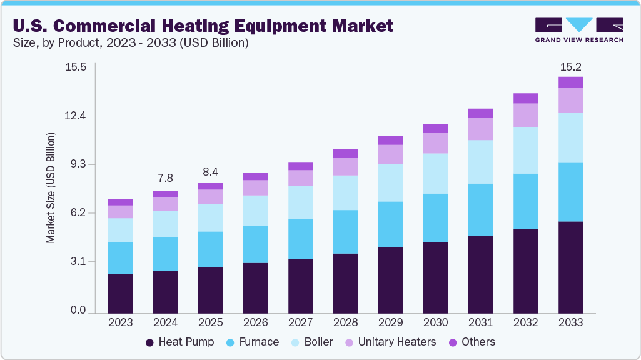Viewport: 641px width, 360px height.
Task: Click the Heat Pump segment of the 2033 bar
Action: point(570,267)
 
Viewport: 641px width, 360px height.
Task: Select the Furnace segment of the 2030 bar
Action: point(435,217)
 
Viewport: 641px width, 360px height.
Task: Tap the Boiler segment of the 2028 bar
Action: point(345,192)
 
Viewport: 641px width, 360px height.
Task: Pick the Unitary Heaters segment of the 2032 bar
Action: point(525,115)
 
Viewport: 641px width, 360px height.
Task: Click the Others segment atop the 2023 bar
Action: point(120,202)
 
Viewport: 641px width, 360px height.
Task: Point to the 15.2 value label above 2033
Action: point(570,66)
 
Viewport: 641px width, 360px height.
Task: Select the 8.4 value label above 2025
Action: point(210,171)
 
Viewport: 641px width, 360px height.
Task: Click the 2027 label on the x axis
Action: point(300,322)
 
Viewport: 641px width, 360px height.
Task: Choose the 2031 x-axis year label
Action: point(480,322)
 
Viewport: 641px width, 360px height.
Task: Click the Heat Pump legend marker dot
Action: point(149,342)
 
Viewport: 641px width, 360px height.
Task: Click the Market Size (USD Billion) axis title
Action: point(51,188)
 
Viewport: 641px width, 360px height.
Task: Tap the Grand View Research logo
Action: point(579,29)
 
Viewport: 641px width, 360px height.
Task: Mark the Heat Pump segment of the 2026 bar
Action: point(255,287)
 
